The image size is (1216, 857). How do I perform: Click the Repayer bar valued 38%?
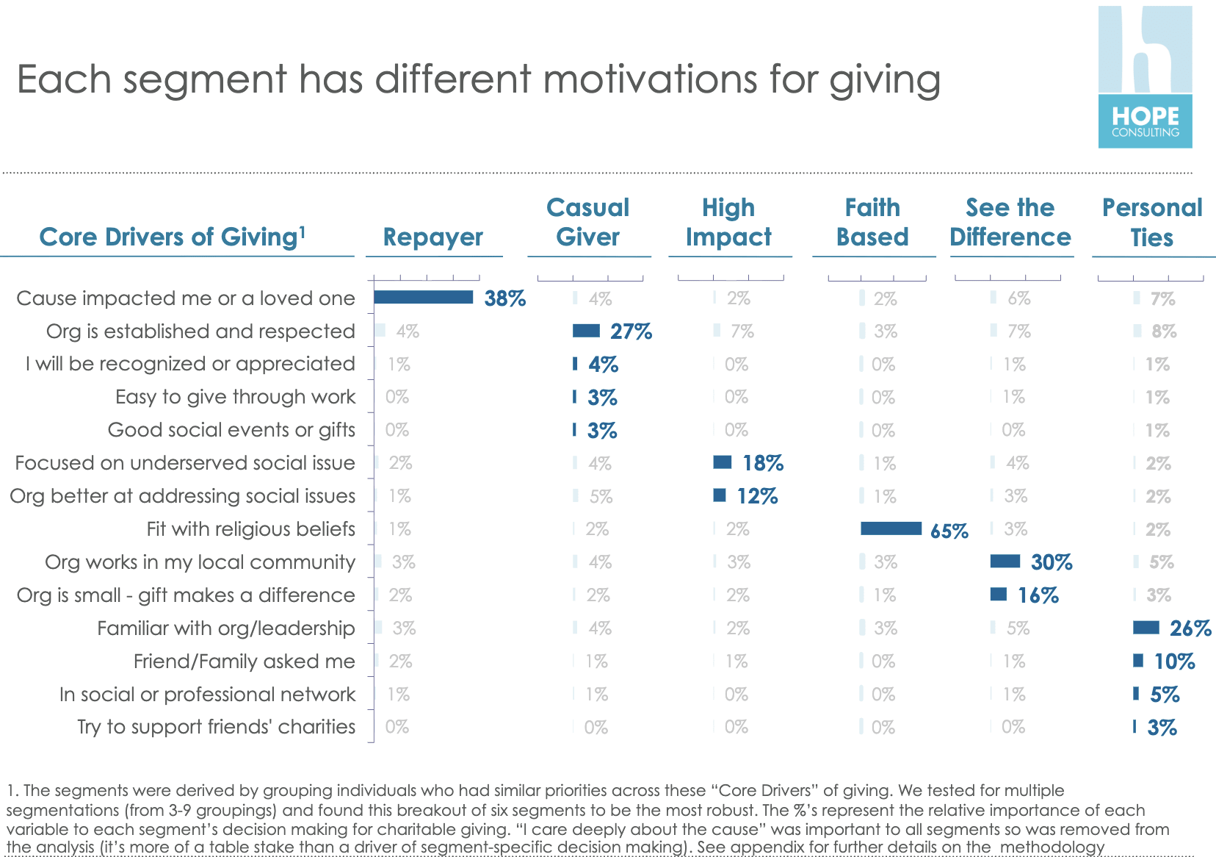pyautogui.click(x=423, y=297)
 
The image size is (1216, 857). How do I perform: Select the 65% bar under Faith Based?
pyautogui.click(x=891, y=528)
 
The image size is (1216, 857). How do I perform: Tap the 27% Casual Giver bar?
pyautogui.click(x=586, y=331)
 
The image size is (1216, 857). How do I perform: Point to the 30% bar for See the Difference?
pyautogui.click(x=1005, y=562)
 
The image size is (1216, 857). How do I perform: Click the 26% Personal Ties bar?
pyautogui.click(x=1146, y=628)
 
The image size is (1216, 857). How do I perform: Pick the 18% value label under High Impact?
pyautogui.click(x=763, y=463)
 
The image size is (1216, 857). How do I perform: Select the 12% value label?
pyautogui.click(x=757, y=496)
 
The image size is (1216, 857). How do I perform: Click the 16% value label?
pyautogui.click(x=1038, y=595)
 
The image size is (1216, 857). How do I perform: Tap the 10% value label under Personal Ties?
pyautogui.click(x=1174, y=661)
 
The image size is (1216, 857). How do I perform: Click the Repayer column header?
pyautogui.click(x=433, y=237)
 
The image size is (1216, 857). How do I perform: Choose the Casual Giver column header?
pyautogui.click(x=588, y=222)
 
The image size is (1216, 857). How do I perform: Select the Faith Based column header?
pyautogui.click(x=872, y=222)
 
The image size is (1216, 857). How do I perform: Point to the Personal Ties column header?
pyautogui.click(x=1152, y=222)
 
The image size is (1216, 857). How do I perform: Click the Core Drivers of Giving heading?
pyautogui.click(x=172, y=237)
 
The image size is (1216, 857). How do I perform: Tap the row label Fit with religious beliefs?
pyautogui.click(x=250, y=529)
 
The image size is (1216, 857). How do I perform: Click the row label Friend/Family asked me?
pyautogui.click(x=244, y=661)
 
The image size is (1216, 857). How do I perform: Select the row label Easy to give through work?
pyautogui.click(x=235, y=397)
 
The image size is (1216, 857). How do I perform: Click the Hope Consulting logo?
pyautogui.click(x=1145, y=77)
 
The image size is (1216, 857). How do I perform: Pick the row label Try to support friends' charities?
pyautogui.click(x=216, y=727)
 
